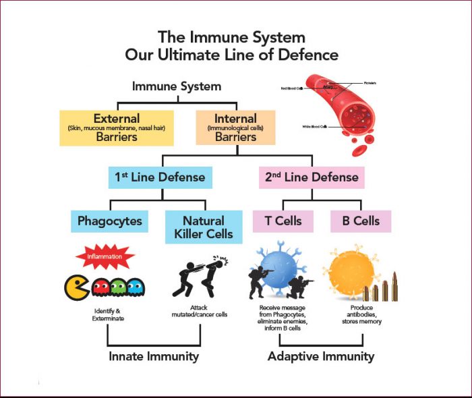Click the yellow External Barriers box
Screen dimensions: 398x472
click(x=117, y=127)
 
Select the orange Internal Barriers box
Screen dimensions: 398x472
click(x=235, y=127)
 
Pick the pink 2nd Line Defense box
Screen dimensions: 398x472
click(x=311, y=177)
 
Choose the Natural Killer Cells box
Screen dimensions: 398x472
click(x=203, y=227)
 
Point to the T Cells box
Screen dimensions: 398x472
click(x=283, y=221)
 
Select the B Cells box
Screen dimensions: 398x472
click(x=360, y=221)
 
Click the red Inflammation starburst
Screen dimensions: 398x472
click(x=105, y=257)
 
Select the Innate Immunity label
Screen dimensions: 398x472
click(x=154, y=356)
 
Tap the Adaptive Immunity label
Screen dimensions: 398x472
click(x=320, y=356)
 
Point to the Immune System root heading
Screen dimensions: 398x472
click(x=177, y=86)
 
